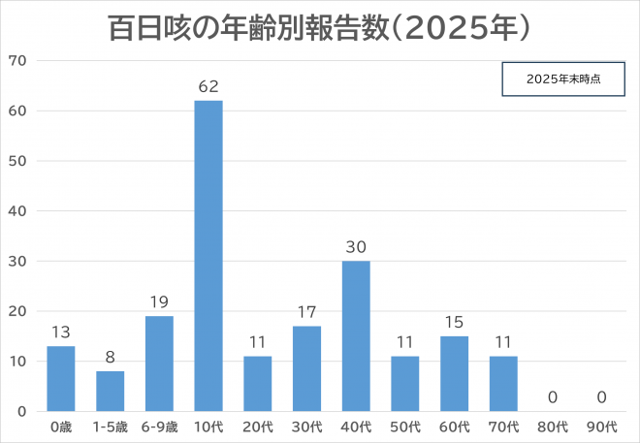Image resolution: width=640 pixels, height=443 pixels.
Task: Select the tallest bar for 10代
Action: [x=208, y=256]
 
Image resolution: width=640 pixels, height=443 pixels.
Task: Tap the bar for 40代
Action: [x=355, y=336]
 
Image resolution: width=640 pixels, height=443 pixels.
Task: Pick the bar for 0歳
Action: [x=60, y=379]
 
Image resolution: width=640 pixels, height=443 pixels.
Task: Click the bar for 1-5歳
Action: [x=110, y=392]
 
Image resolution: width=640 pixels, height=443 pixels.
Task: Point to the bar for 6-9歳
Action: [x=159, y=364]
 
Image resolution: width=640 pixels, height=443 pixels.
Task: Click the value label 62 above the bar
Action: [x=208, y=86]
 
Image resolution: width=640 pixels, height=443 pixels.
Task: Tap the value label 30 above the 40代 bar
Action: [x=355, y=246]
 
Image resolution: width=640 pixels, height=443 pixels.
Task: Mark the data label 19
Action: [x=159, y=301]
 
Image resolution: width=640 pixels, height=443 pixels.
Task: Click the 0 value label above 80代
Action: [x=553, y=396]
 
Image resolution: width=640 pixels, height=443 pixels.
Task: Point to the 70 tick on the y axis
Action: [x=18, y=61]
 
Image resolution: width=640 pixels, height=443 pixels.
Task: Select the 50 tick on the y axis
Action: [x=18, y=161]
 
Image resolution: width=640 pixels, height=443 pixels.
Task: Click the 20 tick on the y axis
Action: [x=18, y=311]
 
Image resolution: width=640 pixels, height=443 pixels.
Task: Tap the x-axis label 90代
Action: [x=602, y=427]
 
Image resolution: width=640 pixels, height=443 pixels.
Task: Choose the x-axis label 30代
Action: [x=306, y=427]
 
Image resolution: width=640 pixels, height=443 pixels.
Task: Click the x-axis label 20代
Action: [x=257, y=427]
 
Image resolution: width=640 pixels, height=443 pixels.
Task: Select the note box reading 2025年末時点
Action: [x=562, y=79]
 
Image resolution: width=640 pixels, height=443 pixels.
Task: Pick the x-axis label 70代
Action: [x=503, y=427]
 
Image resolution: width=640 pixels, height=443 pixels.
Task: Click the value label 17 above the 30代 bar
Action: [x=306, y=311]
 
